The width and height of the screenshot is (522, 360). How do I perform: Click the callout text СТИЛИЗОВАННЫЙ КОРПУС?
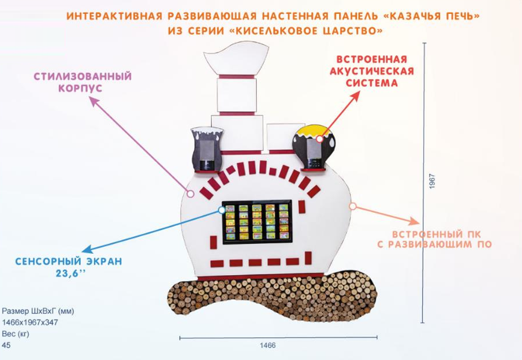[x=82, y=82]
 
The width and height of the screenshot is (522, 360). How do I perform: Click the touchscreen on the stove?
[x=256, y=221]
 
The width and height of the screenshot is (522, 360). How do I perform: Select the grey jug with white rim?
[x=206, y=149]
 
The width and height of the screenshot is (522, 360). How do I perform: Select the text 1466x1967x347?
[x=30, y=322]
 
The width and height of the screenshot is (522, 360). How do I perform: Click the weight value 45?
[x=6, y=346]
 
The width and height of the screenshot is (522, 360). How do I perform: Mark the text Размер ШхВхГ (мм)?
[x=38, y=311]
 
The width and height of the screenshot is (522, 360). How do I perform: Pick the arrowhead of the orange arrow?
[x=416, y=222]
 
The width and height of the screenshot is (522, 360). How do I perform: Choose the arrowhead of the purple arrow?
[x=94, y=101]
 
